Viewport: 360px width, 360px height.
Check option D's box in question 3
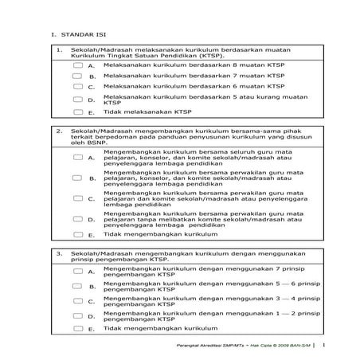click(x=76, y=315)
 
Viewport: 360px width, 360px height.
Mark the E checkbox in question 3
click(x=76, y=328)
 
